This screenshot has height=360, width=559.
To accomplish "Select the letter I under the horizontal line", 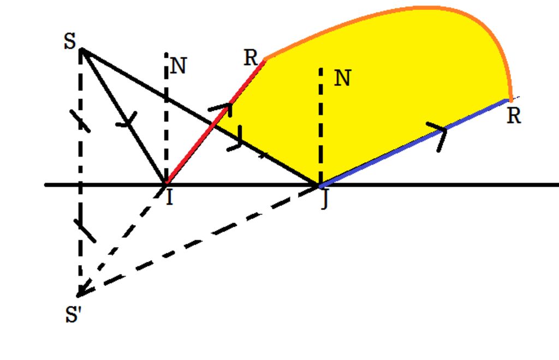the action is pos(170,197).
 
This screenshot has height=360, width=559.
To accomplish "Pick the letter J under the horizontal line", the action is pos(324,201).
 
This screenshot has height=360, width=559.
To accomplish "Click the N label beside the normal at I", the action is pos(179,67).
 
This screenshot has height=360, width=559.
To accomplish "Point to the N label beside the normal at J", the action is pos(342,79).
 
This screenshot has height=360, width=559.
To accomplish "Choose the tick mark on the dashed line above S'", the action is pos(86,231).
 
